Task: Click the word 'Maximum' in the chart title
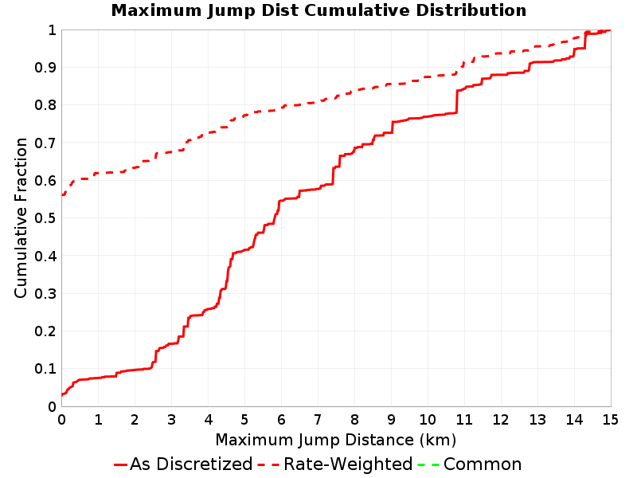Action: coord(156,10)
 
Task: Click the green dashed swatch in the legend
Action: coord(428,464)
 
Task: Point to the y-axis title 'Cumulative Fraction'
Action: coord(21,217)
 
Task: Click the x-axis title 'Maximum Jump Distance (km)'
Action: coord(335,440)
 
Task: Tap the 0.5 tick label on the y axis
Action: coord(45,218)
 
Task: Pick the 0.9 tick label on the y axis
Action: coord(45,68)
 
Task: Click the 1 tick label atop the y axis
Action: coord(52,30)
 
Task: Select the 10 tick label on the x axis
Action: coord(428,419)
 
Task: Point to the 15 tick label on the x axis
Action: coord(610,419)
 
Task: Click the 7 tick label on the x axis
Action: coord(318,419)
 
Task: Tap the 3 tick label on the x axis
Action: coord(171,419)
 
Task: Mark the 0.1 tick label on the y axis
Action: coord(45,369)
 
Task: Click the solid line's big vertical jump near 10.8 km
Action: coord(456,102)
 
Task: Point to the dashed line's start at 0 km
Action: coord(62,195)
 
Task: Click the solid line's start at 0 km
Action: coord(62,394)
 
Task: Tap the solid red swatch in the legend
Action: coord(121,464)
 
